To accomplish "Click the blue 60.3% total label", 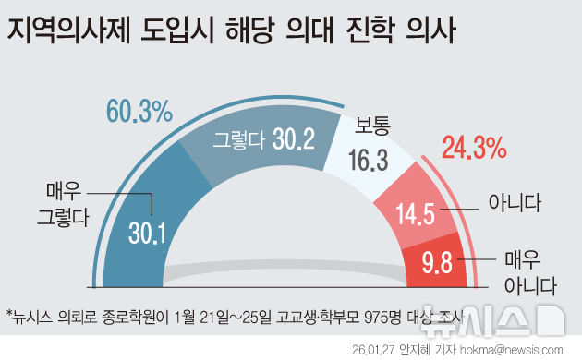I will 139,114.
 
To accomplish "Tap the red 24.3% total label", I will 473,147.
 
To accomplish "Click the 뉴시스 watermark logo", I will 515,318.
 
